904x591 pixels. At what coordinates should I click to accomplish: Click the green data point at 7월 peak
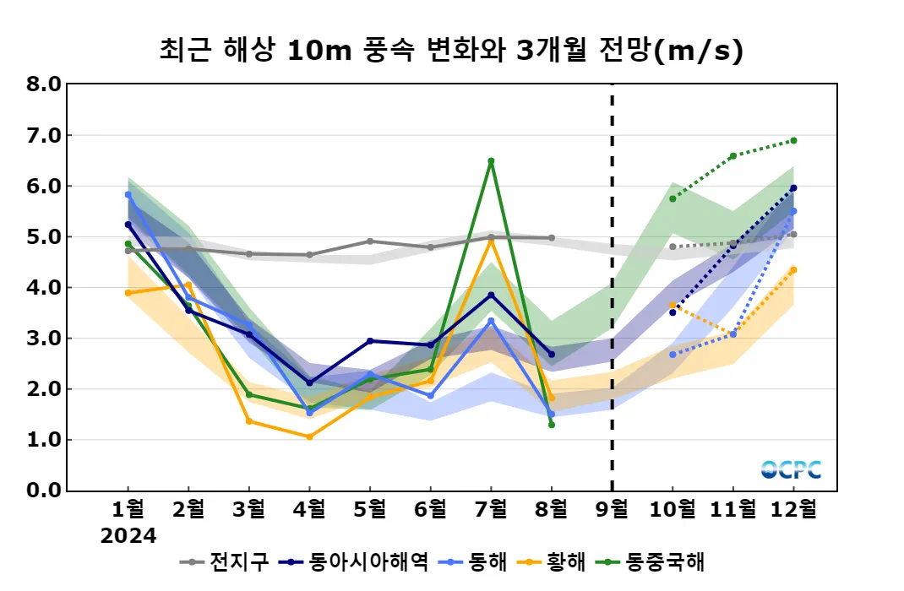(x=491, y=160)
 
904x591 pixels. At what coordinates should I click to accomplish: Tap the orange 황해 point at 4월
(x=309, y=436)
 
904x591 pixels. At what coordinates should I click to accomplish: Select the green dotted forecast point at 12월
(x=793, y=140)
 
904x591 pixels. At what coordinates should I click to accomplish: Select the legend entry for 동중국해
(x=654, y=561)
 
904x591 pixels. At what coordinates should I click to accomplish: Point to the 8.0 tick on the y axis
(x=44, y=84)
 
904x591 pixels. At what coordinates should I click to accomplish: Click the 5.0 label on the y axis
(x=44, y=237)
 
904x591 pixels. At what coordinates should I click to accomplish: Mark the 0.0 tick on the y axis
(x=44, y=491)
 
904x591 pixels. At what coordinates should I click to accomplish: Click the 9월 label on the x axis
(x=612, y=509)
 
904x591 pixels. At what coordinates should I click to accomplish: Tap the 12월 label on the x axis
(x=793, y=509)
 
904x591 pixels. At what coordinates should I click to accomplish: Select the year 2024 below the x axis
(x=128, y=536)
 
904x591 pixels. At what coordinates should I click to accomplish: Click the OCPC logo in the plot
(x=791, y=469)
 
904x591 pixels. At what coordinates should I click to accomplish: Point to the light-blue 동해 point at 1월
(x=128, y=194)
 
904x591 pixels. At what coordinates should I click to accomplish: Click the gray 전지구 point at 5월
(x=370, y=241)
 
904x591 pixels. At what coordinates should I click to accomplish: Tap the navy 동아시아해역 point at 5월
(x=370, y=341)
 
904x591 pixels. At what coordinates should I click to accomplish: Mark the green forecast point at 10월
(x=673, y=198)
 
